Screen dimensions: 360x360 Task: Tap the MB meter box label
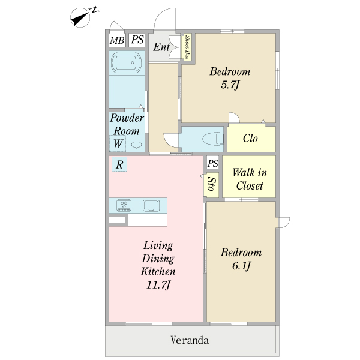(x=117, y=41)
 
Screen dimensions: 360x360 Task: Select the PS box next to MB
(x=137, y=40)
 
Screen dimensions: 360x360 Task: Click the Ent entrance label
(x=161, y=47)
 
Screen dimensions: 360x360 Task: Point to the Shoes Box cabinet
(x=188, y=47)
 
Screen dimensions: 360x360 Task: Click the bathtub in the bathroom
(x=126, y=62)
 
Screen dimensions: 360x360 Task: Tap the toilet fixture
(x=213, y=139)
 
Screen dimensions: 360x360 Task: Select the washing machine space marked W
(x=118, y=143)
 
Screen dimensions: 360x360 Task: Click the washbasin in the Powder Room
(x=136, y=145)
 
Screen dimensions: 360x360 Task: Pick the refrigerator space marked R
(x=119, y=164)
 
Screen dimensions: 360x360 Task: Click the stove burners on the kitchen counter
(x=124, y=205)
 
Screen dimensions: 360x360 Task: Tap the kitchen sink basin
(x=151, y=205)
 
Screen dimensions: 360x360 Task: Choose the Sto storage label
(x=211, y=184)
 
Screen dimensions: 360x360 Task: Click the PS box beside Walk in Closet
(x=213, y=163)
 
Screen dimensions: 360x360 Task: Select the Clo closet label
(x=250, y=139)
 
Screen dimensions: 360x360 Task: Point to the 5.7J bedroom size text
(x=230, y=85)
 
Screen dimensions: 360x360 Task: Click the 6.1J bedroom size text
(x=241, y=266)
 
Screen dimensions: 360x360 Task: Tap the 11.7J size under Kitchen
(x=158, y=285)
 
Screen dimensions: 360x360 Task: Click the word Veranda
(x=190, y=340)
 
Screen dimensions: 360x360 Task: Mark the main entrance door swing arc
(x=160, y=14)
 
